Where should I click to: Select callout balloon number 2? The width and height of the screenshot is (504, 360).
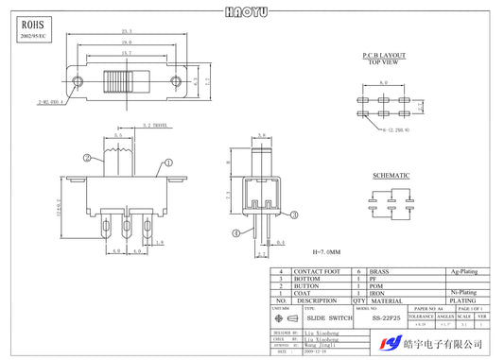85,159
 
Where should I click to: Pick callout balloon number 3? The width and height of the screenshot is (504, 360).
294,215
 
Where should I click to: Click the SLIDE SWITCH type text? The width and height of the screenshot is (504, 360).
327,318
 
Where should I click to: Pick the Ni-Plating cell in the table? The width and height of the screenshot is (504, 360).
462,294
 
